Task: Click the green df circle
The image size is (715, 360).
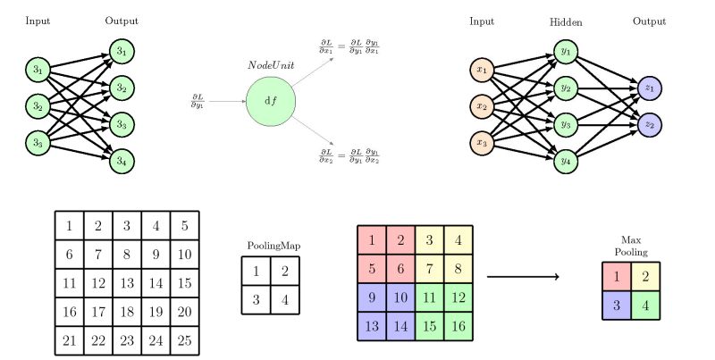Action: [x=271, y=100]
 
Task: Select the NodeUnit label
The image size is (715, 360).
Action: [x=270, y=66]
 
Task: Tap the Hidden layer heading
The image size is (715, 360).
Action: [x=565, y=21]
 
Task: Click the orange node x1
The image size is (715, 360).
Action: [x=484, y=69]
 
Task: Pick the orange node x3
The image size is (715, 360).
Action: [x=484, y=142]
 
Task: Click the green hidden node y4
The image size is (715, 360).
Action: [x=565, y=162]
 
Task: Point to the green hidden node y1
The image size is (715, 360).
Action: [x=565, y=52]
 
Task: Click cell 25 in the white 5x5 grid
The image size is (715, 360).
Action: [x=183, y=339]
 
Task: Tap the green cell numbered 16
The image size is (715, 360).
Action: [x=457, y=325]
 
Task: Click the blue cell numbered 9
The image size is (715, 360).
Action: [x=371, y=297]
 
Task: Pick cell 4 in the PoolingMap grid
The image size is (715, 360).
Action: [x=284, y=299]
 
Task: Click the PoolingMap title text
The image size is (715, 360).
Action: [x=270, y=245]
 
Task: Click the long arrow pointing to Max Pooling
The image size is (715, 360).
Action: [x=522, y=277]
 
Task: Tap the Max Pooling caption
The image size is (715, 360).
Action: [x=632, y=246]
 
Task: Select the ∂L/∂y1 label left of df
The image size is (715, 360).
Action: [x=198, y=100]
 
